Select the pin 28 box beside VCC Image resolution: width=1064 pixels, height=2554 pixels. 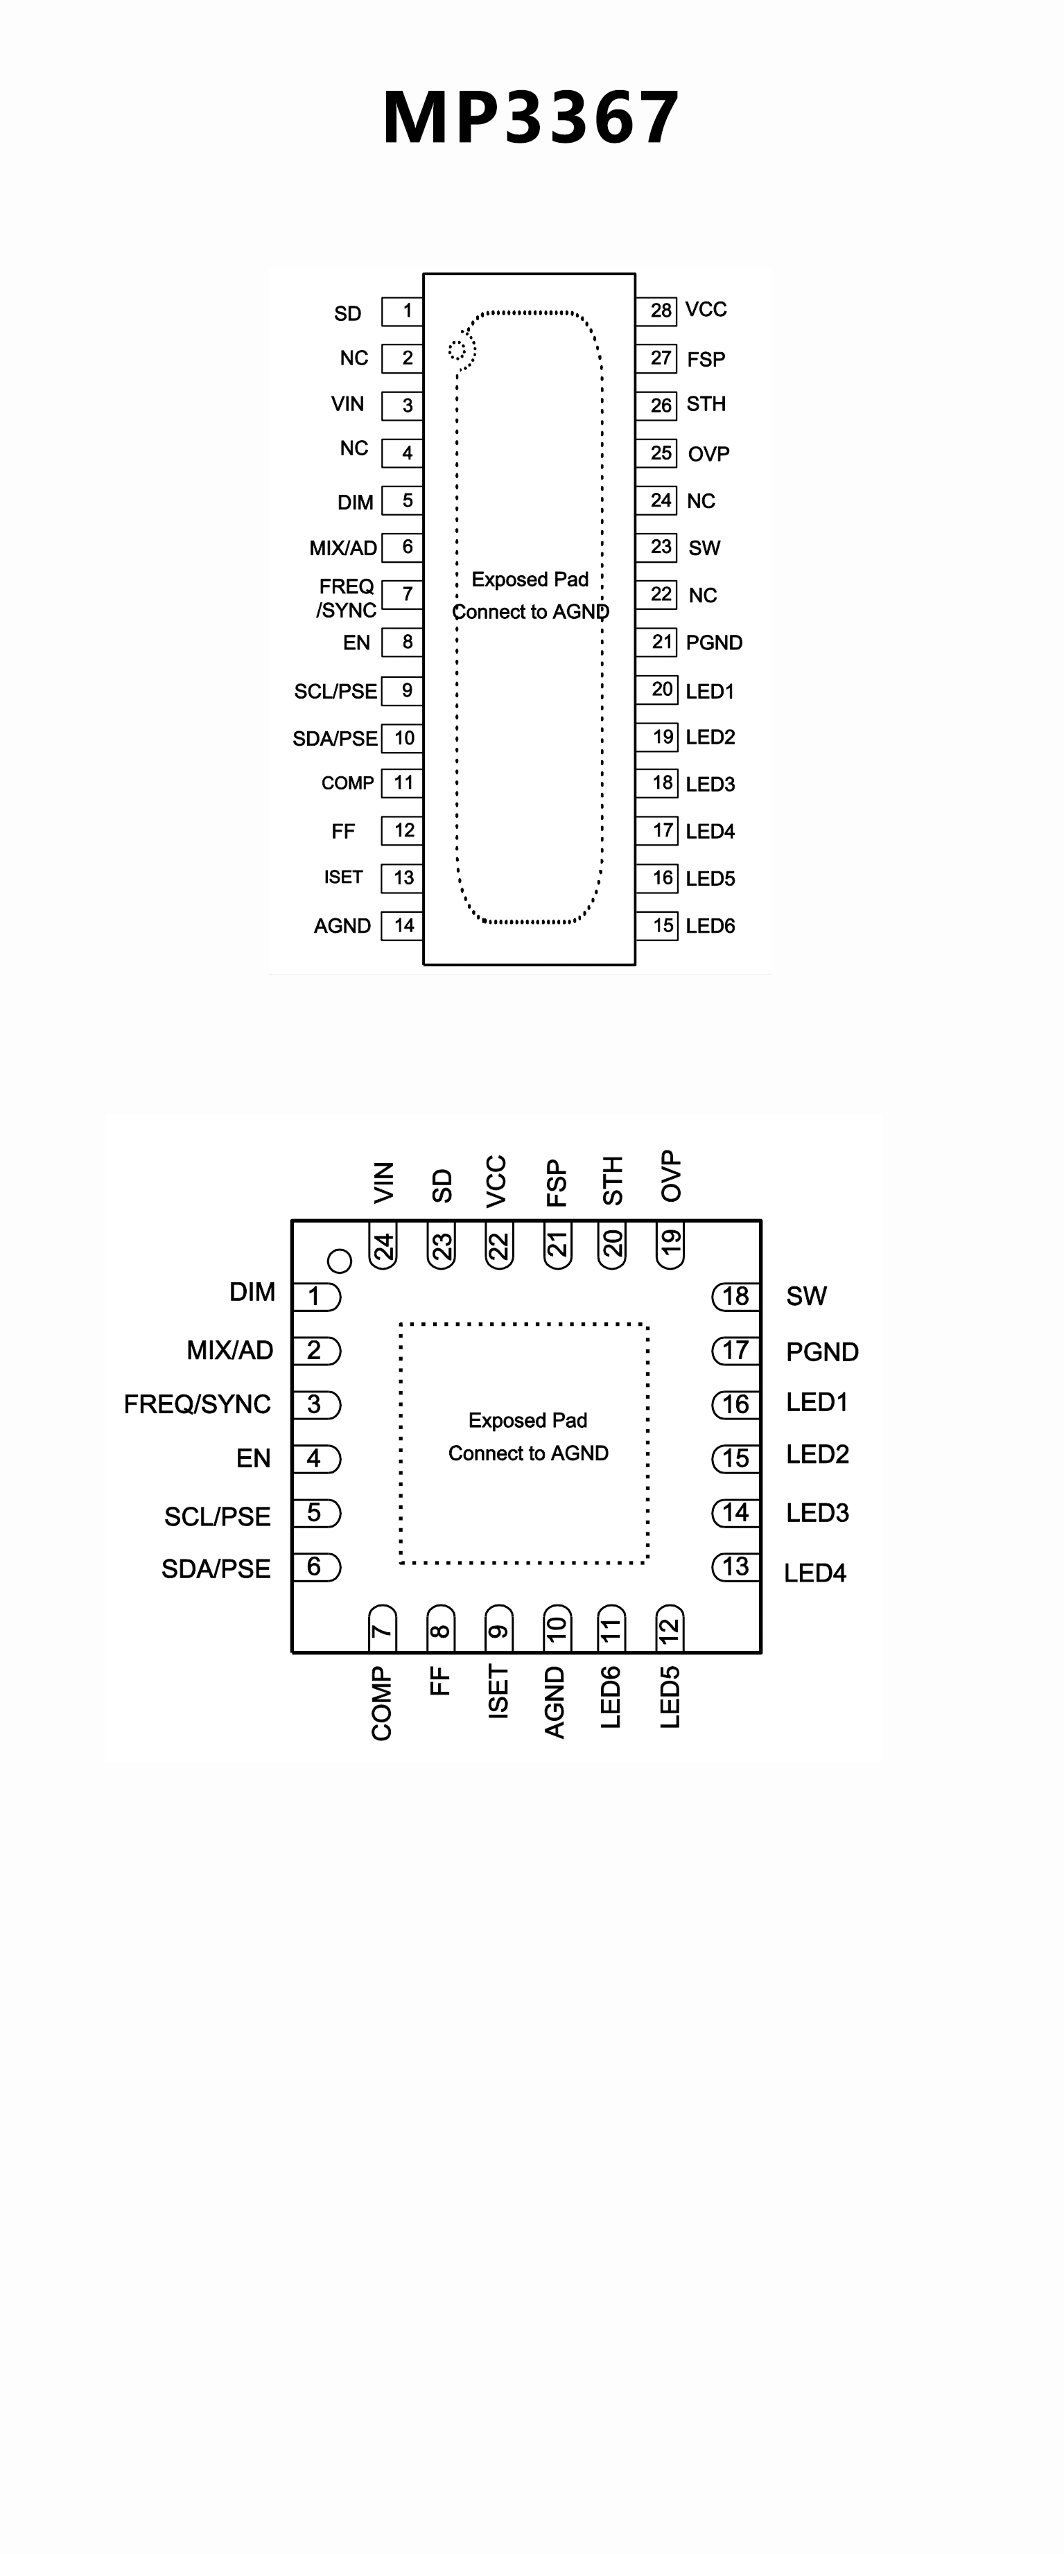[x=657, y=310]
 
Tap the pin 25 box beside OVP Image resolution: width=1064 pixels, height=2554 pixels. [x=657, y=453]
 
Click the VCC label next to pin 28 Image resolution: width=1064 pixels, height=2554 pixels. [x=706, y=309]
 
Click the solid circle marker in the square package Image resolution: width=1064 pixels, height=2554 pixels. [x=339, y=1261]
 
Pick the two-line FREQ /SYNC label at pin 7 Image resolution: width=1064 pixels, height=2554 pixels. [x=346, y=598]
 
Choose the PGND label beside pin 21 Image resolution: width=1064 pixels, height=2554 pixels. [x=714, y=642]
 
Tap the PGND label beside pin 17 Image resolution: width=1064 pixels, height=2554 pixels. [x=822, y=1352]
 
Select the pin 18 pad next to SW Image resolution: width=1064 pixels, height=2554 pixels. [x=735, y=1296]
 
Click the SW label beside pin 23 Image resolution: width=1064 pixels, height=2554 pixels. [x=704, y=548]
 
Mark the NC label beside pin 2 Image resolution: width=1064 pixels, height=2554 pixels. [x=354, y=358]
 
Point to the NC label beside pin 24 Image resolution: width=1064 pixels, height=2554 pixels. [x=701, y=500]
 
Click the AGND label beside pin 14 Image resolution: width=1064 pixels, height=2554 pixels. [x=342, y=926]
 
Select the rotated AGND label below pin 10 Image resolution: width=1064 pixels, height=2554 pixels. [x=555, y=1702]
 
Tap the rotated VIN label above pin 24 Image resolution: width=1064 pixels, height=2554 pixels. [x=383, y=1182]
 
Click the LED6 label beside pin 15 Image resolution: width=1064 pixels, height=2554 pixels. [x=710, y=926]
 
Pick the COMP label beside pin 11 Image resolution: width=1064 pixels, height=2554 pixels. [x=347, y=783]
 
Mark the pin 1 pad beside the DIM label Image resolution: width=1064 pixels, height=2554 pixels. [x=317, y=1296]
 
